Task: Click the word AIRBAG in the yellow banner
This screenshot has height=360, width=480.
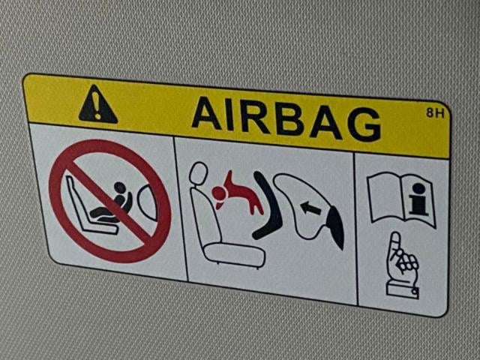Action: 286,118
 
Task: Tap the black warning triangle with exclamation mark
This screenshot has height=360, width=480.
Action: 97,105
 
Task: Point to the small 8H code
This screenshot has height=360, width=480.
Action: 435,113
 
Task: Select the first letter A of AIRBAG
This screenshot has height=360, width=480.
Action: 207,112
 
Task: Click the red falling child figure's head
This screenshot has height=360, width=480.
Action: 219,194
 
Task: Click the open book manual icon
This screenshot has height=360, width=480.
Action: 401,199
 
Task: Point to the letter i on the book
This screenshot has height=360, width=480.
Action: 418,199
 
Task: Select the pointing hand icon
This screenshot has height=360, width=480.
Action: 401,265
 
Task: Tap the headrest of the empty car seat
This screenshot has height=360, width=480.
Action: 198,173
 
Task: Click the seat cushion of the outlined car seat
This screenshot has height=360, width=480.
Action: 234,255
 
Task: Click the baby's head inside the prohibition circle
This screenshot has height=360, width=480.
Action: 120,188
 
